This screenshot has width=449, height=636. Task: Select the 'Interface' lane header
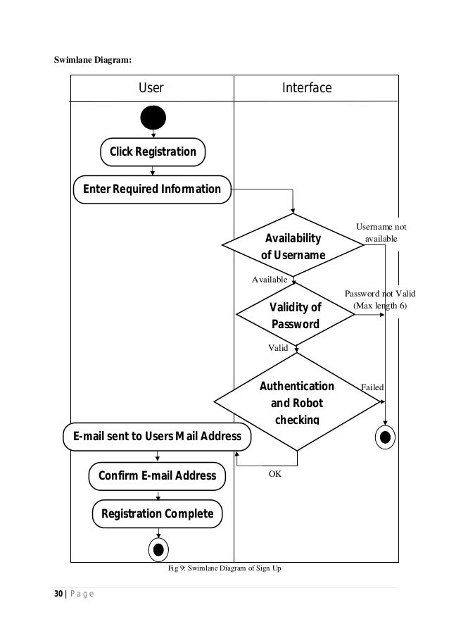(x=306, y=88)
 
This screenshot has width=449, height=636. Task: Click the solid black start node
(x=153, y=118)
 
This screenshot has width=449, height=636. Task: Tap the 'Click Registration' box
(x=152, y=151)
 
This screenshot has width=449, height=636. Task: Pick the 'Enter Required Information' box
(x=152, y=189)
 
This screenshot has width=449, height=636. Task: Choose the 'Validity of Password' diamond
(x=296, y=316)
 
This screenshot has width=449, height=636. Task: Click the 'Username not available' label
(x=381, y=233)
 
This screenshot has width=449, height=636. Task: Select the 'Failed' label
(x=372, y=387)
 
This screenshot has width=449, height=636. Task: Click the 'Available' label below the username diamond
(x=270, y=280)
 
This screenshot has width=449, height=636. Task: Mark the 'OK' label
(x=275, y=474)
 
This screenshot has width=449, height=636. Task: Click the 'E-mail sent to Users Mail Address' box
(x=157, y=436)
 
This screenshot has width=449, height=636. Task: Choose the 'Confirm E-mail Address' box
(x=157, y=476)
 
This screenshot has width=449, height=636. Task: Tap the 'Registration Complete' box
(x=158, y=513)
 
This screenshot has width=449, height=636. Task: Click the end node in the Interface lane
(x=385, y=437)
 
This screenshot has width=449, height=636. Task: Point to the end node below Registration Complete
(x=158, y=549)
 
